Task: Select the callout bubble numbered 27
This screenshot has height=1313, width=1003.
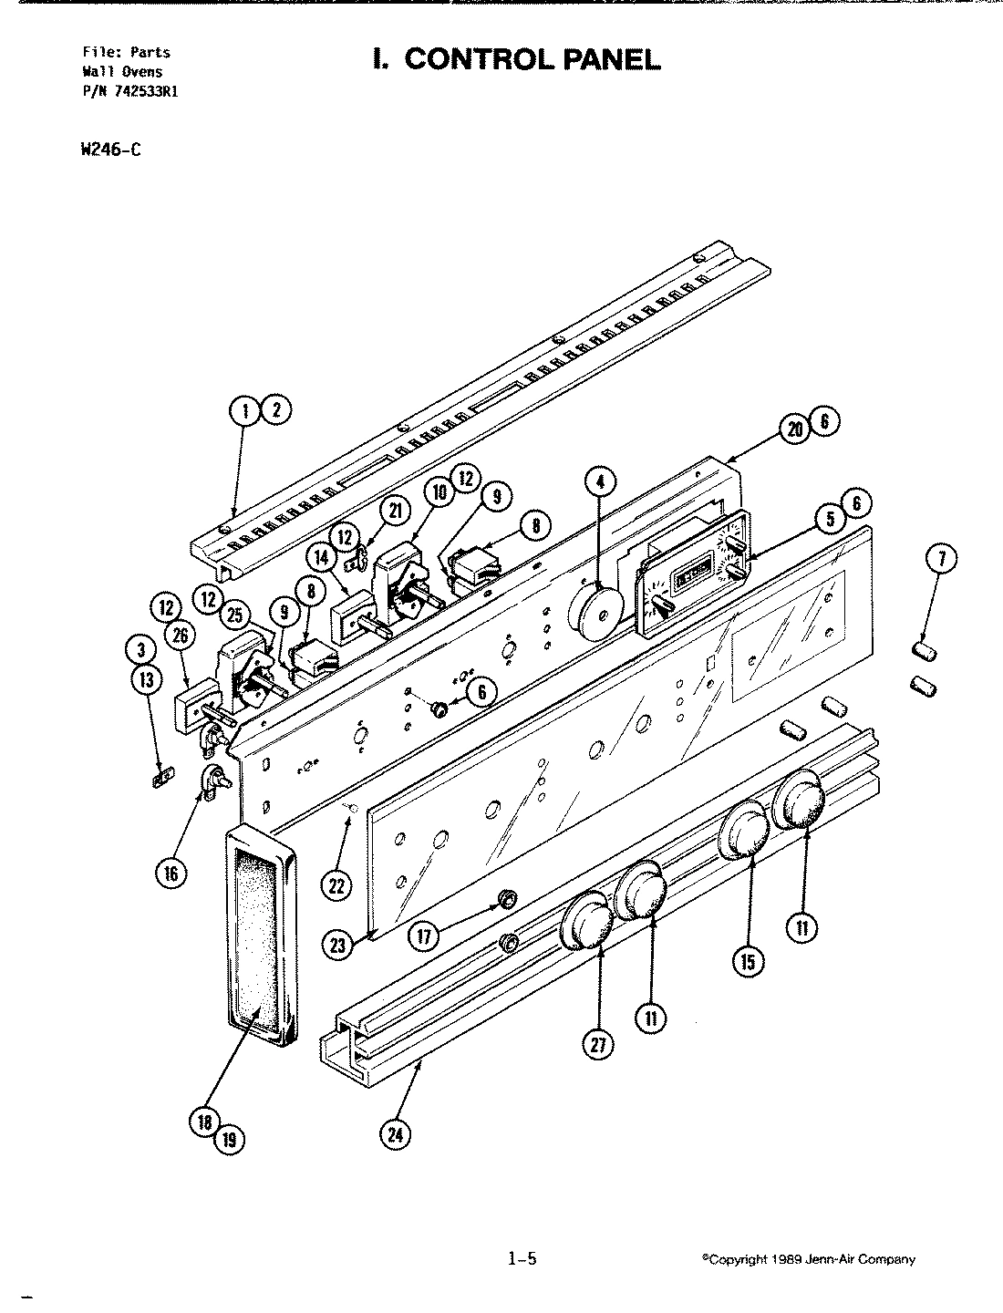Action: tap(598, 1046)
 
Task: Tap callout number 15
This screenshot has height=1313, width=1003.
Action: tap(748, 961)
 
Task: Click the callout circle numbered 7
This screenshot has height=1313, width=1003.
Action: tap(941, 559)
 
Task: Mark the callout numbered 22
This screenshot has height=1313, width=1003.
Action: tap(338, 884)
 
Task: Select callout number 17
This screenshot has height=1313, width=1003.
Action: tap(424, 935)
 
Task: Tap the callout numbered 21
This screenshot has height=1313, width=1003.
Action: tap(394, 512)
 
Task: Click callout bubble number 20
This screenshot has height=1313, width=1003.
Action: tap(794, 429)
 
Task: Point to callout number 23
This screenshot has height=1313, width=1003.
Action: tap(338, 946)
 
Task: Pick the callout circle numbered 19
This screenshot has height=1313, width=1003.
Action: tap(229, 1138)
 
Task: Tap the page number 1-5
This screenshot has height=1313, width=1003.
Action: tap(522, 1259)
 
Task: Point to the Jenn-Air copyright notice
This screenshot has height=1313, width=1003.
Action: tap(808, 1260)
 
